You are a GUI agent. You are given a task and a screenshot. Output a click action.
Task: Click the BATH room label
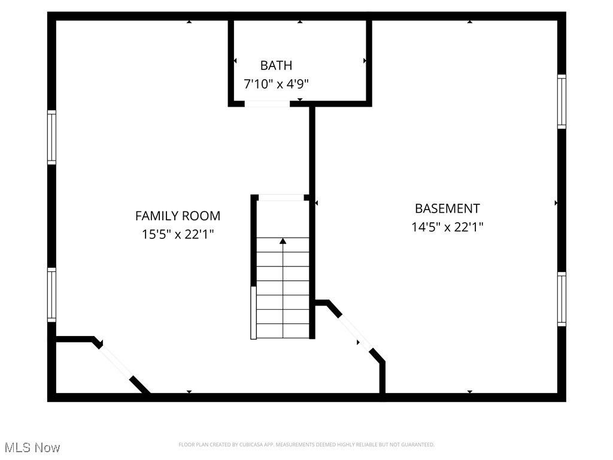(x=276, y=65)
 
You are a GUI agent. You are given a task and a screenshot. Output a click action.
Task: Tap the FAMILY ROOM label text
(x=177, y=216)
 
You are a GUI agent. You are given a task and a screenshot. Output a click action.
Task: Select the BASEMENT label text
(x=447, y=208)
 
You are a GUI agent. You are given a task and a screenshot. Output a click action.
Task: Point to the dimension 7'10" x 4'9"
(x=276, y=84)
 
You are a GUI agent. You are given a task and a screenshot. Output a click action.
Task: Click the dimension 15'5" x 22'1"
(x=177, y=234)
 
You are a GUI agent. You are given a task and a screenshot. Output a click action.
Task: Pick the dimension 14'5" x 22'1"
(x=447, y=227)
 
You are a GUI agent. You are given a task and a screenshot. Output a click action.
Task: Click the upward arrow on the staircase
(x=283, y=241)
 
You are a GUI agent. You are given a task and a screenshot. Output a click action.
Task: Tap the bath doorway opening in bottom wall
(x=267, y=104)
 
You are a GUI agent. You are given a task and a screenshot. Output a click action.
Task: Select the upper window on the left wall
(x=52, y=137)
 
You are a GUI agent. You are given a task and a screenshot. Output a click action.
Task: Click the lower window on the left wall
(x=52, y=295)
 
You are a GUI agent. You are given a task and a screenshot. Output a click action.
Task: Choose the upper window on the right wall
(x=562, y=101)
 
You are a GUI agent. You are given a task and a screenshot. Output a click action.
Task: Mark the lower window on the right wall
(x=562, y=299)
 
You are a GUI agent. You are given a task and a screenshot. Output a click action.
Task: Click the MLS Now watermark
(x=32, y=447)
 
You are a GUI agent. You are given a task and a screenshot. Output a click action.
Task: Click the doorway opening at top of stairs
(x=281, y=198)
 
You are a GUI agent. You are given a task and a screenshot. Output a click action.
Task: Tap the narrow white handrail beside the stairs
(x=253, y=313)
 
